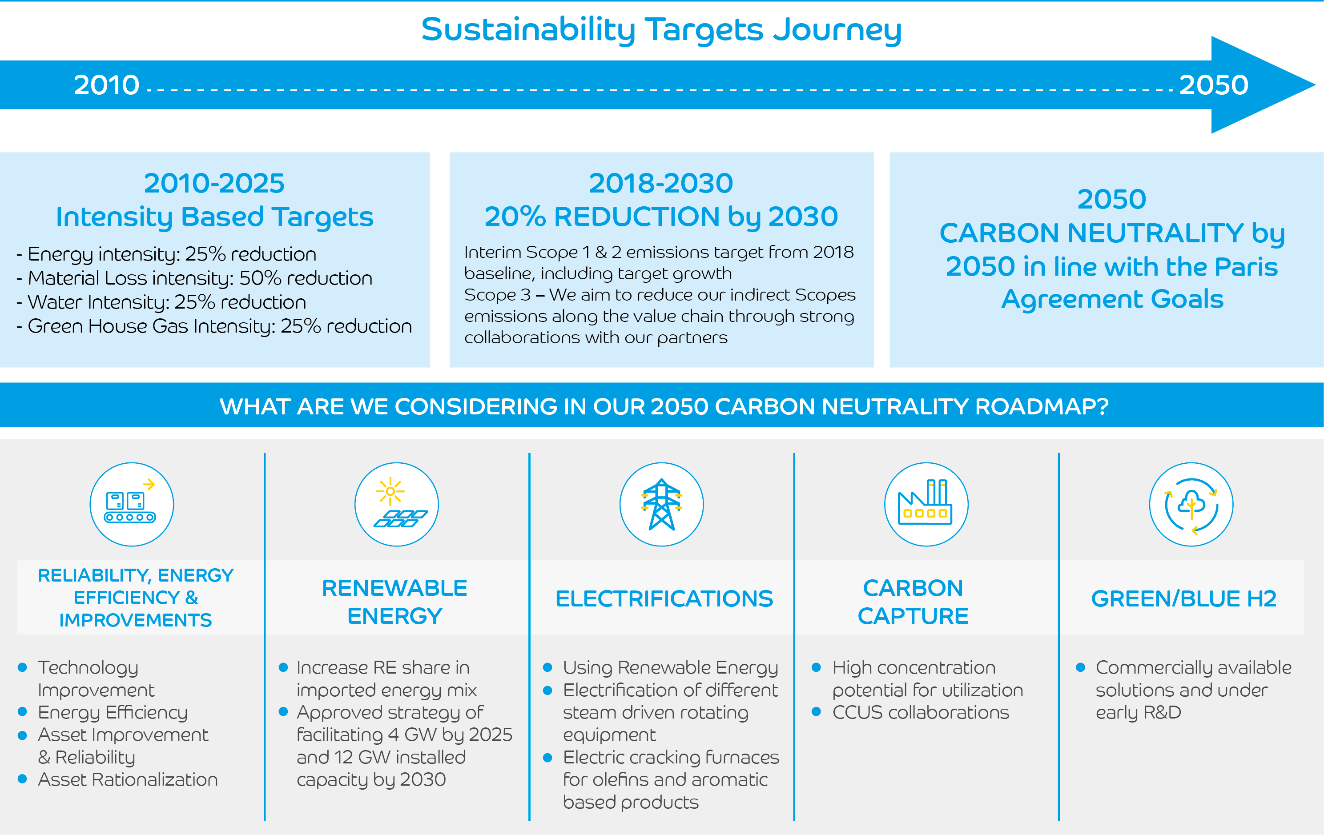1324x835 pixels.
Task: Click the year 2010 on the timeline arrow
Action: [x=107, y=85]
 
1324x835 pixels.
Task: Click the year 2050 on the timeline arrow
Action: [x=1214, y=85]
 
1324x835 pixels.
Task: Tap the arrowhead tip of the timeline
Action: [x=1315, y=85]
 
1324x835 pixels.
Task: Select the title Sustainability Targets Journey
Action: [x=661, y=30]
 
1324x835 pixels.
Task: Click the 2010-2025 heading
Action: [x=214, y=183]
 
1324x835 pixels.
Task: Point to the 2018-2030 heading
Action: [x=661, y=183]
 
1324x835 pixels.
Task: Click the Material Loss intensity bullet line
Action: [x=195, y=279]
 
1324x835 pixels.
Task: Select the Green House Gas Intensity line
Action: [x=214, y=326]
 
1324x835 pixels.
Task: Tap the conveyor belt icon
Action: [x=131, y=504]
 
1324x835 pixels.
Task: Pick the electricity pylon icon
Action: [x=661, y=504]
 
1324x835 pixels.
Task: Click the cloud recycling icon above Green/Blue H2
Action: [x=1191, y=504]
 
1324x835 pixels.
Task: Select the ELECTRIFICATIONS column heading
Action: [x=664, y=598]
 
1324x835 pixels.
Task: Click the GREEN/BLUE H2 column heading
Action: [x=1184, y=598]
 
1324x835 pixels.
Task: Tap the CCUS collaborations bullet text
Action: [x=921, y=712]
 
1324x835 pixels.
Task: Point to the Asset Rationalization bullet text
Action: [x=128, y=779]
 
